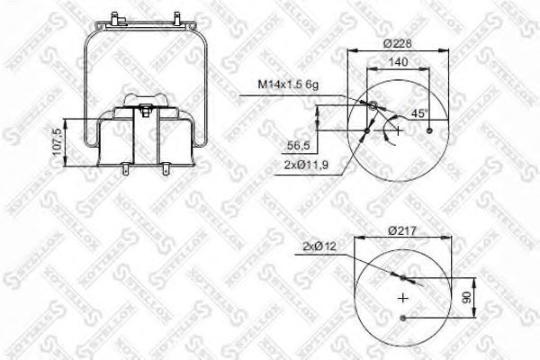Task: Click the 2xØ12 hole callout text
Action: [321, 246]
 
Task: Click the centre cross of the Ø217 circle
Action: [403, 298]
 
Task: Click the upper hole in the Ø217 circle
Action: [403, 277]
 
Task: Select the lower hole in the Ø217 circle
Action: [403, 319]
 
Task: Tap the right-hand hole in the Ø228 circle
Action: [432, 131]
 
